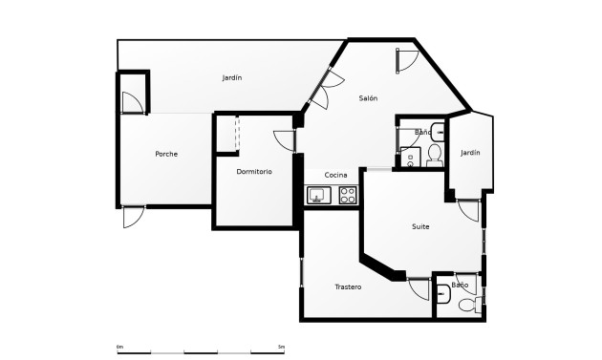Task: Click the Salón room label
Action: click(x=368, y=98)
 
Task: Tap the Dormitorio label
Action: click(x=254, y=172)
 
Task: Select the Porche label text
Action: click(x=166, y=154)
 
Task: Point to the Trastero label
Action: click(x=348, y=287)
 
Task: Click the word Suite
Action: click(x=420, y=226)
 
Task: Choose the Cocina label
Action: click(x=335, y=175)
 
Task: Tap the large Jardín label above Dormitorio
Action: click(x=231, y=77)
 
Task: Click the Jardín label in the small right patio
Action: click(x=470, y=153)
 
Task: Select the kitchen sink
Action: click(x=318, y=196)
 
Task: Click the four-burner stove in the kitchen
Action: click(x=348, y=196)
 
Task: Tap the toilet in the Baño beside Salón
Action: click(x=434, y=154)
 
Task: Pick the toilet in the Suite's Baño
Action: click(x=468, y=305)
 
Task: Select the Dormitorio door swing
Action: click(x=284, y=138)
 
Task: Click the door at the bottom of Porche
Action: click(x=134, y=216)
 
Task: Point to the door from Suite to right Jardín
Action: click(x=468, y=210)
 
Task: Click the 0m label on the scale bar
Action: click(x=119, y=346)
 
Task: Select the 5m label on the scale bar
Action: click(x=281, y=346)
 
